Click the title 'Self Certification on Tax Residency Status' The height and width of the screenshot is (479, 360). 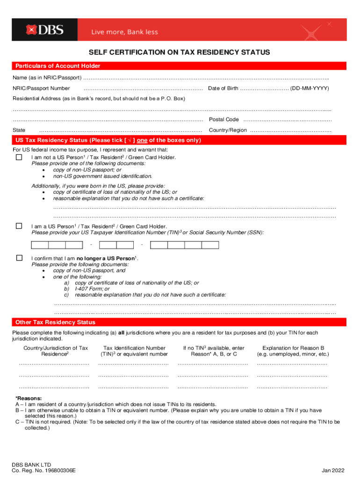click(x=180, y=52)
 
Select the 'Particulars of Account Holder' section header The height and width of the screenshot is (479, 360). click(x=58, y=66)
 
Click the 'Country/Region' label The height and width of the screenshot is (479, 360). click(x=228, y=130)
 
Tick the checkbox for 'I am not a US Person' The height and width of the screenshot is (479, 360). click(x=19, y=158)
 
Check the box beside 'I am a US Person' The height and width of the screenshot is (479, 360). click(x=19, y=226)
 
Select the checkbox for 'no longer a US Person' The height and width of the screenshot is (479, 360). click(x=19, y=258)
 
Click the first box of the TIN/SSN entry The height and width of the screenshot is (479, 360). click(x=40, y=245)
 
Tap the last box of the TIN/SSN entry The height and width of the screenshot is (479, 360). click(x=210, y=245)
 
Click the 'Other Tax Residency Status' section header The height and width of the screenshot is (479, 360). click(x=55, y=322)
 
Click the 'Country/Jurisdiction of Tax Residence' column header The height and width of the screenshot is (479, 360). click(x=56, y=351)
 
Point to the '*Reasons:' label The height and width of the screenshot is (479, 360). click(x=29, y=398)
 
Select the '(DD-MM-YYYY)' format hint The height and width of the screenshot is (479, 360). click(x=310, y=88)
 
